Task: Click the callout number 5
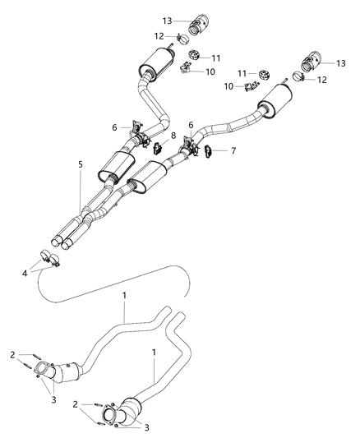pyautogui.click(x=81, y=164)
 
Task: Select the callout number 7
pyautogui.click(x=233, y=150)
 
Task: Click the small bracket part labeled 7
pyautogui.click(x=210, y=150)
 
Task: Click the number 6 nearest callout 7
pyautogui.click(x=192, y=124)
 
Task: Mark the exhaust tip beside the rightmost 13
pyautogui.click(x=310, y=62)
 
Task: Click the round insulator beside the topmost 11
pyautogui.click(x=195, y=56)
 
